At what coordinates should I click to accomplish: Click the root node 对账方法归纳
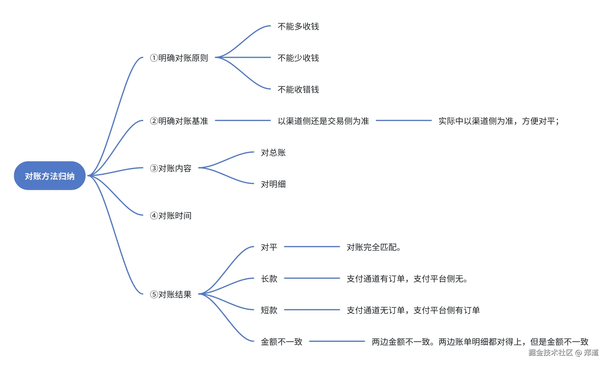(49, 176)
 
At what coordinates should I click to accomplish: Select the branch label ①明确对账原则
(179, 58)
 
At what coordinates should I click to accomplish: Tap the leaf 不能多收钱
(298, 26)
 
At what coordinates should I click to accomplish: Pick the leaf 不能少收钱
(298, 58)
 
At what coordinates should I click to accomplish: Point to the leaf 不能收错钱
(298, 89)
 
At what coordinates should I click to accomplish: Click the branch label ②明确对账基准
(179, 121)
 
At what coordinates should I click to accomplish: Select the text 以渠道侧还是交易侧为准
(323, 121)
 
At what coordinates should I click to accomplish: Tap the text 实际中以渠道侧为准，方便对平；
(499, 121)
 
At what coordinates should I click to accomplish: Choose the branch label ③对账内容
(170, 168)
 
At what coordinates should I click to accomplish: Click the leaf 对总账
(273, 153)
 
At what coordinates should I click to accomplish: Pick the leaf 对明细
(273, 184)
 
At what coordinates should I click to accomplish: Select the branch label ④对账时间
(170, 215)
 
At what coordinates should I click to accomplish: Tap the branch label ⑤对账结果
(170, 294)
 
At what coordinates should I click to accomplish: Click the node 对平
(269, 247)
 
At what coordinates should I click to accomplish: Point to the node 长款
(269, 279)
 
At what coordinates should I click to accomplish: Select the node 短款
(269, 310)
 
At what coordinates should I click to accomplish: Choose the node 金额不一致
(281, 342)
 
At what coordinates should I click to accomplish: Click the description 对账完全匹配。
(374, 247)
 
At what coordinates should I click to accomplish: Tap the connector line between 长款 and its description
(312, 278)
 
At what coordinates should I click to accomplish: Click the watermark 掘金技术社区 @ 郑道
(563, 353)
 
